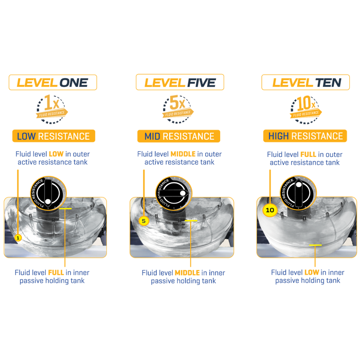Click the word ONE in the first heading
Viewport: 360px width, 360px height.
(x=74, y=83)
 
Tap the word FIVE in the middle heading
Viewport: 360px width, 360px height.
(x=202, y=83)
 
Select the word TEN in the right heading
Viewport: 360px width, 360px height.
(x=328, y=83)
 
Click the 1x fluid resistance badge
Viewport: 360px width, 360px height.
(x=51, y=109)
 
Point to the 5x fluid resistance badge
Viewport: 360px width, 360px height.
(x=178, y=109)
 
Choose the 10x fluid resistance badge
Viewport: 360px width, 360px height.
(x=305, y=109)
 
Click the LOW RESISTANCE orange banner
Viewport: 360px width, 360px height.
(x=53, y=136)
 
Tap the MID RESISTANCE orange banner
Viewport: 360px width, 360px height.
(x=178, y=136)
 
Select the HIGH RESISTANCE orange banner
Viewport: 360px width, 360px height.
(x=305, y=136)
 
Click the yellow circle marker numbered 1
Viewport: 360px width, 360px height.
(x=18, y=238)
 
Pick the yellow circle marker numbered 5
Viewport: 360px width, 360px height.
(x=143, y=221)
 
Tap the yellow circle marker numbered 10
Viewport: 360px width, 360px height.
(x=270, y=210)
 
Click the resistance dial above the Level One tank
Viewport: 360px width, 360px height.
(x=48, y=193)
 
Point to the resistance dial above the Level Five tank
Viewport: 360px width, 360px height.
(x=174, y=193)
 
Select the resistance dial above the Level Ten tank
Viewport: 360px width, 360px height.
(x=298, y=193)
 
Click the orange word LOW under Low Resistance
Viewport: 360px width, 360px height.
(x=56, y=154)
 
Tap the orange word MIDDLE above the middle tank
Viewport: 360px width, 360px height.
(x=183, y=154)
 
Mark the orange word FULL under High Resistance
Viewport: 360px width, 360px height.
(x=309, y=154)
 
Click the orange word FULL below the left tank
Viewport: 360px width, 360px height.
(x=56, y=273)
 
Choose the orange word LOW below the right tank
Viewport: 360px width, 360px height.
(x=312, y=272)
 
